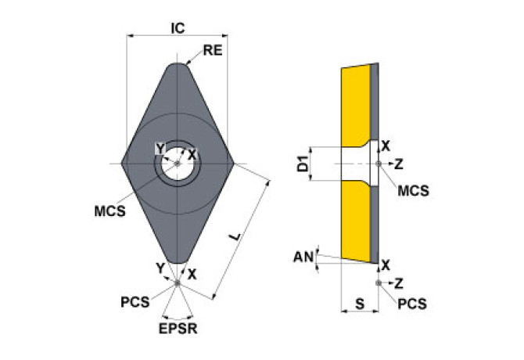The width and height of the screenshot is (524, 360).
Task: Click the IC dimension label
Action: pos(178,27)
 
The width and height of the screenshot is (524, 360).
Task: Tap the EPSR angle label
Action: pos(178,329)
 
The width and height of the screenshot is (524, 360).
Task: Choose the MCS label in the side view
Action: pos(413,190)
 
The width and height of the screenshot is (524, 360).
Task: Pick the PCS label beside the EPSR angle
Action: pos(135,301)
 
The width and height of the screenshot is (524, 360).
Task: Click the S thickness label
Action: pos(359,301)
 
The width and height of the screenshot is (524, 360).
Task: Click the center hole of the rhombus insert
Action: pos(178,164)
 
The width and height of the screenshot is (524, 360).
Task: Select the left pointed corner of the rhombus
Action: pos(123,164)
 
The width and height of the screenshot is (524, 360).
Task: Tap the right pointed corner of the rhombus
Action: pos(233,164)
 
